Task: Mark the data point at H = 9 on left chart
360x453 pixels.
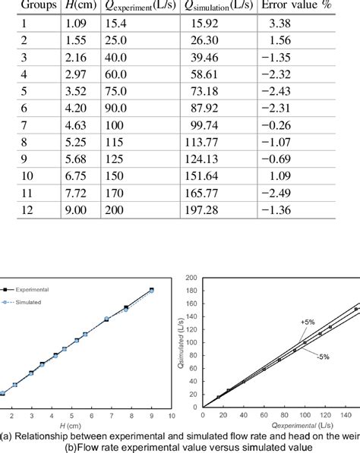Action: (152, 290)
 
